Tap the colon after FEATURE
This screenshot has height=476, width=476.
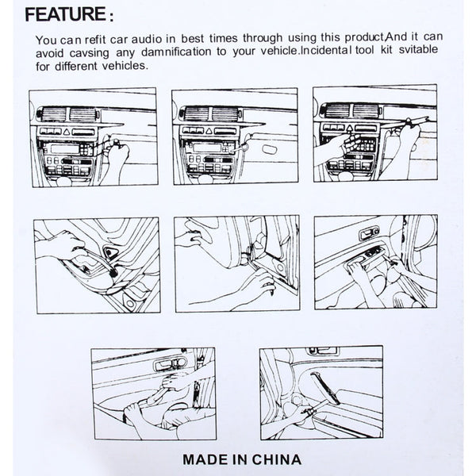coord(111,16)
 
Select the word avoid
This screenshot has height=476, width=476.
coord(51,53)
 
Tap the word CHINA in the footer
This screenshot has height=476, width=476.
coord(278,458)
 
